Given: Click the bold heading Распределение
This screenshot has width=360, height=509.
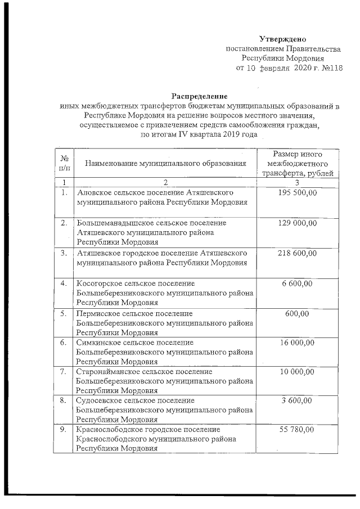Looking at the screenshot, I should pos(199,96).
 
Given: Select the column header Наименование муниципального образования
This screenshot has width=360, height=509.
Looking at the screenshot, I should pos(166,163).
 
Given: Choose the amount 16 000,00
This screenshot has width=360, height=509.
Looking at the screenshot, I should pos(298,343).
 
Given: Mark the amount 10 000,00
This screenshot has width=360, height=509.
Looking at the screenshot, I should pos(298,372).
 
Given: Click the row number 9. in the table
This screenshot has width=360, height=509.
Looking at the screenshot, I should pos(64,430).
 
